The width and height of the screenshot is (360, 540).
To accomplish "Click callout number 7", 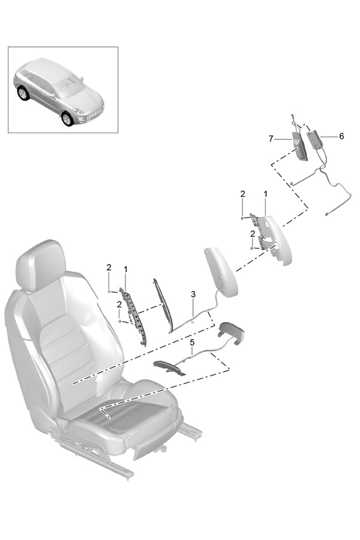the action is [271, 139].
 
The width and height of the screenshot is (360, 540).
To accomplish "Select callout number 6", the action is [341, 136].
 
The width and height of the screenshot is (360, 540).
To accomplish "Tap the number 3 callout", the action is [193, 295].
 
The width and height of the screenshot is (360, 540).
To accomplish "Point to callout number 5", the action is [192, 343].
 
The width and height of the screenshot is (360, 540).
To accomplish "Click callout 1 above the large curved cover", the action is [265, 194].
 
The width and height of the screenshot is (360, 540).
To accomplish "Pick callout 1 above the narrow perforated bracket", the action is [126, 269].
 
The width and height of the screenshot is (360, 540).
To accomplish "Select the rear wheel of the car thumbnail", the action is [23, 92].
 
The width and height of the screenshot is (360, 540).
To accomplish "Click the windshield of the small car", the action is [69, 85].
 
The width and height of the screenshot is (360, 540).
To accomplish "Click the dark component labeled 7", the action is [300, 146].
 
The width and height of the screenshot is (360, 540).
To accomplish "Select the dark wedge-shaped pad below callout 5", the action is [169, 367].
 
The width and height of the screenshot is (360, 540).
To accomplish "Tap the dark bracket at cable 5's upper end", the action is [232, 332].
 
